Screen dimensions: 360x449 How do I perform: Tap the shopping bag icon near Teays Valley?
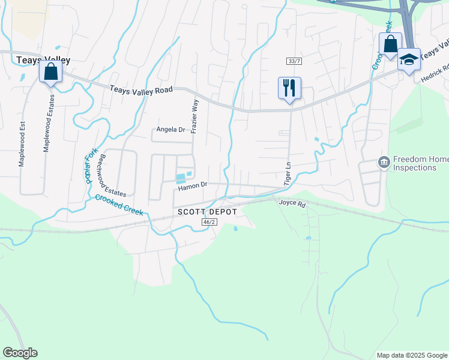point(51,71)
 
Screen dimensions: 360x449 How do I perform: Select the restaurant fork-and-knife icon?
point(289,88)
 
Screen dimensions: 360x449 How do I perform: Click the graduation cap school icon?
point(409,59)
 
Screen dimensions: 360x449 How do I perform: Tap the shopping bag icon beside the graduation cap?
point(390,44)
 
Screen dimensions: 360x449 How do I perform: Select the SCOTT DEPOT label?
point(207,212)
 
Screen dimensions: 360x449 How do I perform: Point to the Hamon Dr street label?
point(192,186)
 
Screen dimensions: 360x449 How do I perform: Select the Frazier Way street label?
point(194,116)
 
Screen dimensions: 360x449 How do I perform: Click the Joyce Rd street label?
point(292,203)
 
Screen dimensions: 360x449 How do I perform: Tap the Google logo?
point(20,353)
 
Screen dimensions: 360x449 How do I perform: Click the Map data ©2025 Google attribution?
point(412,355)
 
